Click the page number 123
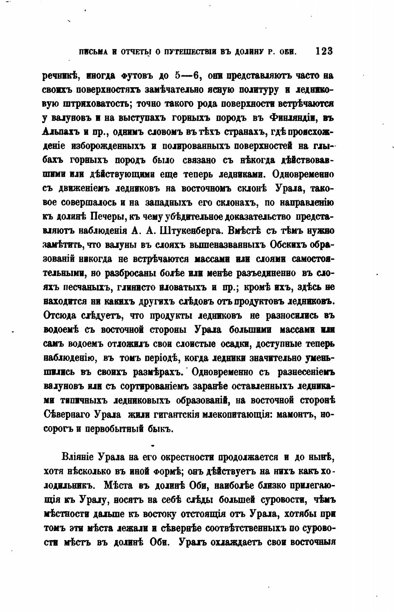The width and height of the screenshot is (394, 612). coord(324,51)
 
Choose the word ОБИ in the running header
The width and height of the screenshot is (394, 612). coord(288,52)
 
